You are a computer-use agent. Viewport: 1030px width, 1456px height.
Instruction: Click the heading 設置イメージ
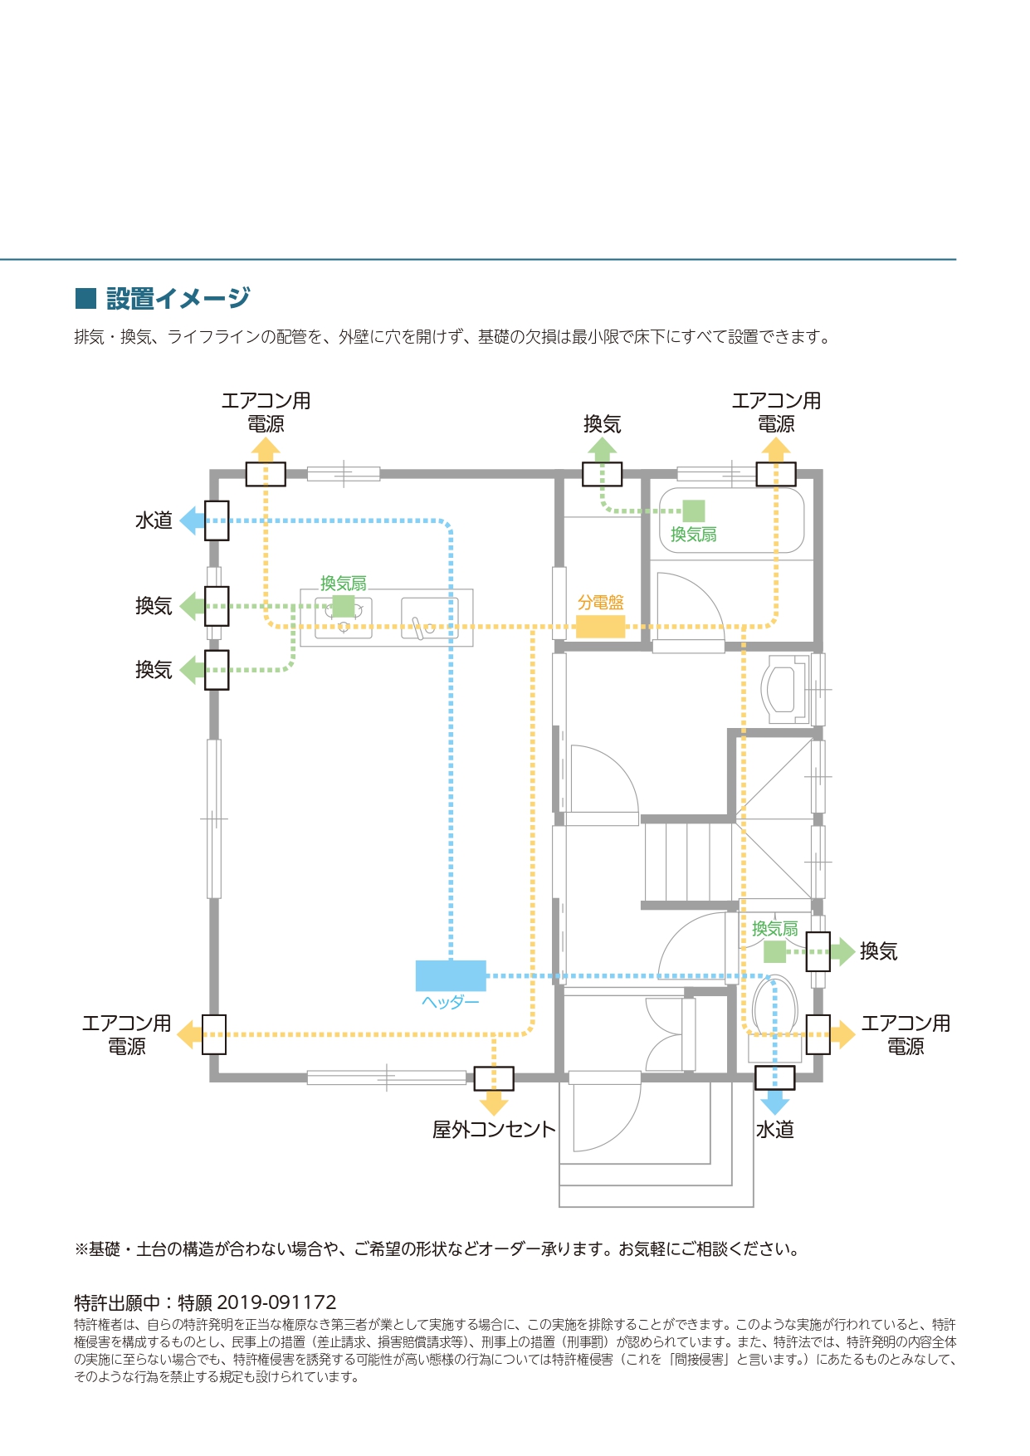pyautogui.click(x=178, y=298)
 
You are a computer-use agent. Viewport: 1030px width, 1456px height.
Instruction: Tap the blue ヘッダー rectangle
pyautogui.click(x=450, y=975)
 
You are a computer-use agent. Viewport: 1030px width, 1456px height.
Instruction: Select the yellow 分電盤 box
pyautogui.click(x=600, y=627)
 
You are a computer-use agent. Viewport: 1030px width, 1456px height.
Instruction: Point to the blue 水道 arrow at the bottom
pyautogui.click(x=775, y=1102)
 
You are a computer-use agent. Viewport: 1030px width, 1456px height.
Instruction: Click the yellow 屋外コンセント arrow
pyautogui.click(x=494, y=1103)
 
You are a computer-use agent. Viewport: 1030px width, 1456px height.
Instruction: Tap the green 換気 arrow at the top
pyautogui.click(x=602, y=449)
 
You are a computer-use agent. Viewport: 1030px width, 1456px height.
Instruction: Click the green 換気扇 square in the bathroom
pyautogui.click(x=694, y=511)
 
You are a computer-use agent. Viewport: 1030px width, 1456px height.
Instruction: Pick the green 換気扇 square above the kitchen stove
pyautogui.click(x=344, y=606)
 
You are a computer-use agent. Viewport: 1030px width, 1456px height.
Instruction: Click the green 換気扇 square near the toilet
pyautogui.click(x=774, y=951)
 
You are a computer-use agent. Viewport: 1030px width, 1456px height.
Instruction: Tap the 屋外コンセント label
pyautogui.click(x=494, y=1130)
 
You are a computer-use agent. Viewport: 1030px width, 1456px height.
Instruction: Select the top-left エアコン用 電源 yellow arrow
pyautogui.click(x=266, y=449)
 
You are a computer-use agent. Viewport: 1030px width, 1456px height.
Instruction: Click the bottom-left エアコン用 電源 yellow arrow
pyautogui.click(x=189, y=1034)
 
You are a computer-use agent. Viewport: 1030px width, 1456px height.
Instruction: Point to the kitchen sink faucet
pyautogui.click(x=422, y=624)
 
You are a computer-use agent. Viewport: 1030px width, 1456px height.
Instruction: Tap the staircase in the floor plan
pyautogui.click(x=688, y=861)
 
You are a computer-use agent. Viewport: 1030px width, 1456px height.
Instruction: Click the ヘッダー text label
pyautogui.click(x=450, y=1002)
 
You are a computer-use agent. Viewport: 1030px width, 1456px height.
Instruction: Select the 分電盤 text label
pyautogui.click(x=600, y=603)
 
